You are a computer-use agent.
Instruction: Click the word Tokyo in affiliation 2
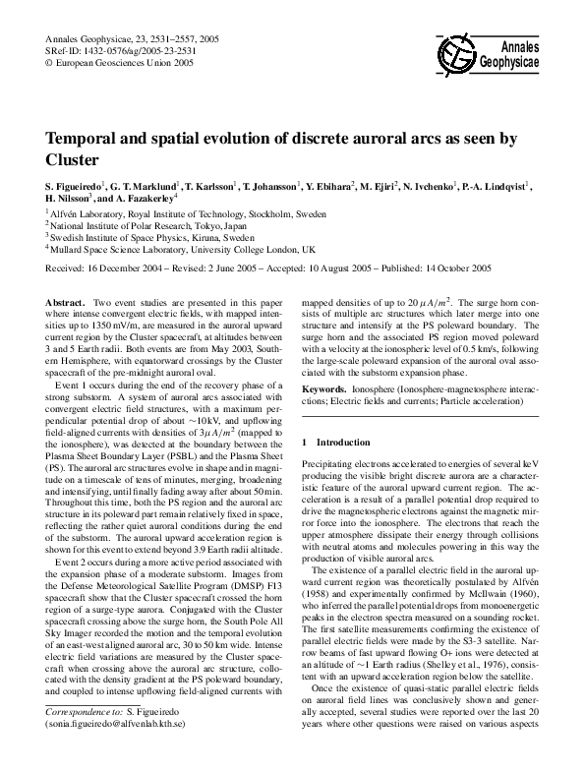(198, 224)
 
